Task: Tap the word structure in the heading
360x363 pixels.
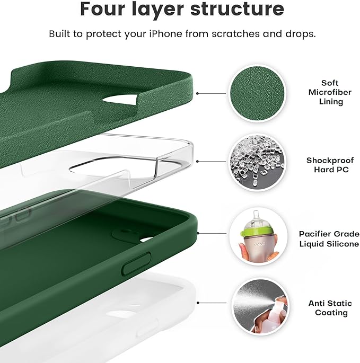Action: click(x=242, y=10)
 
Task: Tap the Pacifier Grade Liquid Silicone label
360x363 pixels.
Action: click(x=329, y=238)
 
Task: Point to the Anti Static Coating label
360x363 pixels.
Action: click(x=330, y=308)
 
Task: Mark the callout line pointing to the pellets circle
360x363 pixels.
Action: click(x=212, y=162)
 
